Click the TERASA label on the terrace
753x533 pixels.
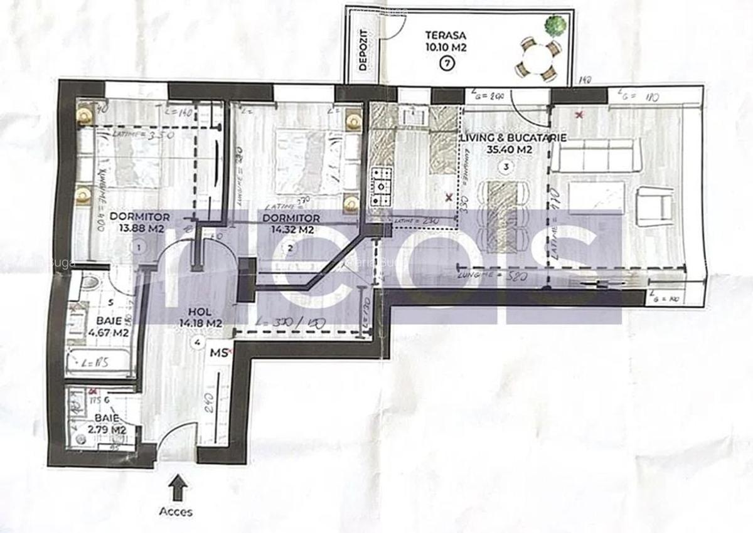pyautogui.click(x=445, y=35)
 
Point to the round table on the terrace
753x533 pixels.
pyautogui.click(x=537, y=60)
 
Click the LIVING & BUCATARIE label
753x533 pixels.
pyautogui.click(x=514, y=137)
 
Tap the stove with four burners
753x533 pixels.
pyautogui.click(x=381, y=186)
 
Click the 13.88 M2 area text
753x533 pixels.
pyautogui.click(x=137, y=229)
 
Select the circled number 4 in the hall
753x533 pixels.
pyautogui.click(x=198, y=342)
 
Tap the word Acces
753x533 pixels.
pyautogui.click(x=176, y=512)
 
